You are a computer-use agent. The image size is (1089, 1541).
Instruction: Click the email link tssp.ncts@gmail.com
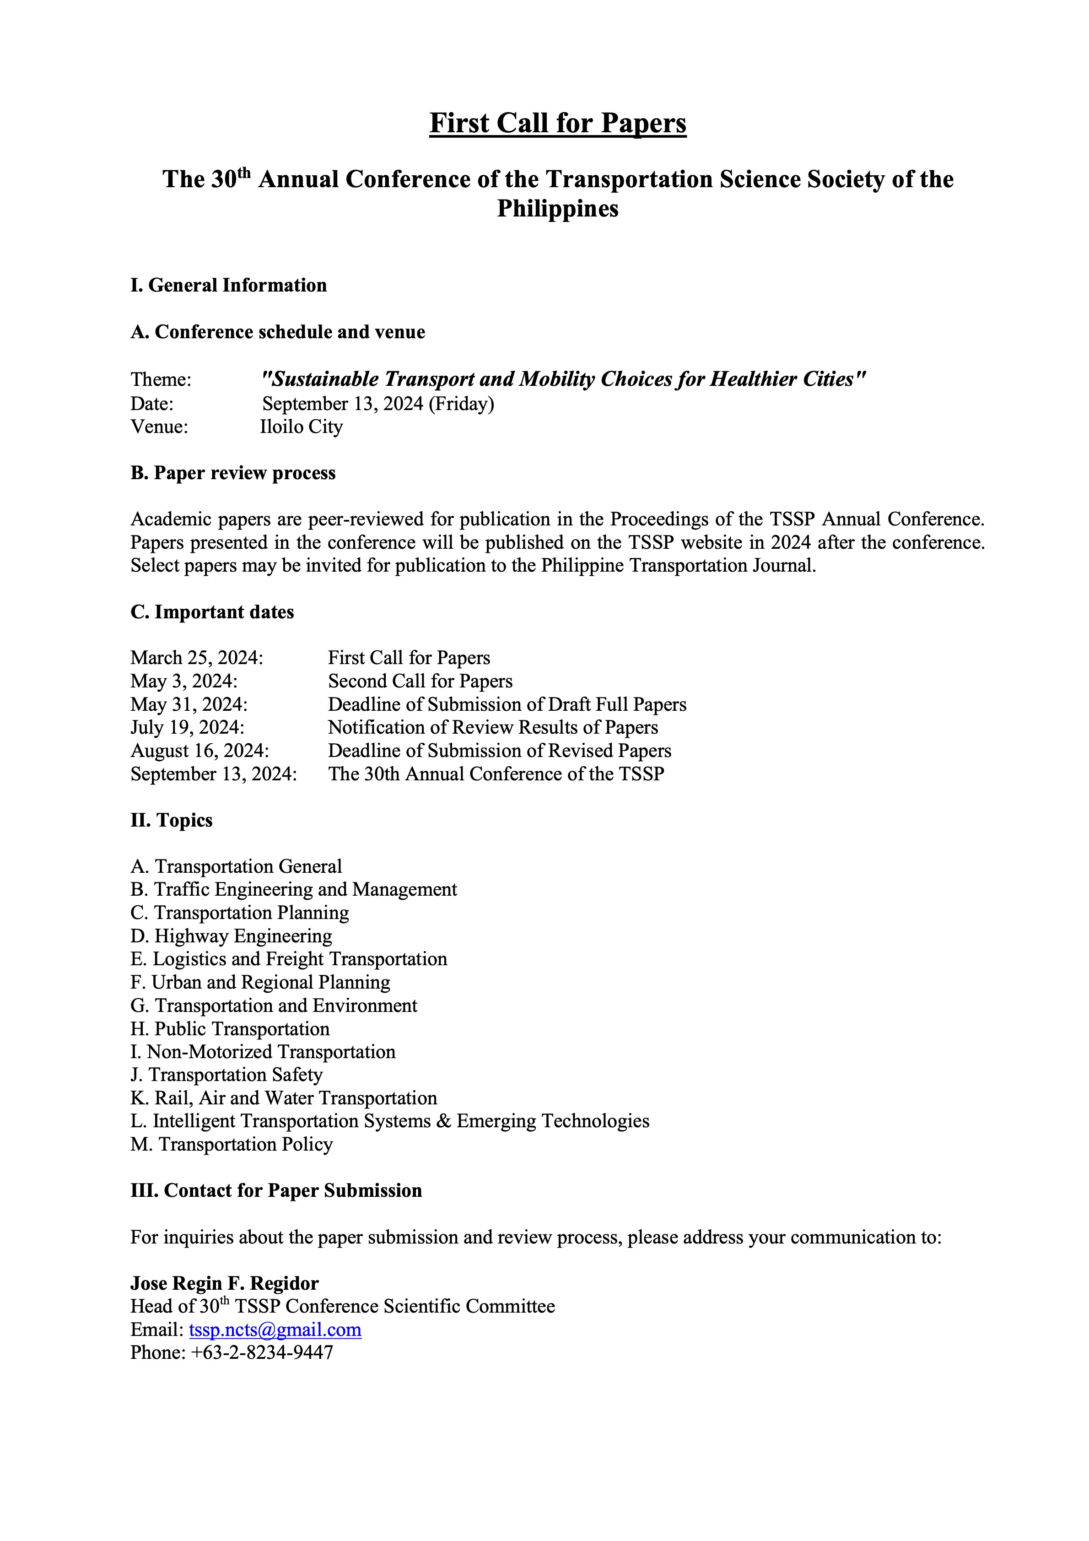click(275, 1330)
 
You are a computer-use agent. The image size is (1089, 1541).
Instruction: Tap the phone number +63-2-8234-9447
click(262, 1352)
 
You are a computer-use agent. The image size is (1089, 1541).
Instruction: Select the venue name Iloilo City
click(301, 427)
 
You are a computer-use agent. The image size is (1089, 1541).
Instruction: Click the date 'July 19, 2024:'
click(187, 728)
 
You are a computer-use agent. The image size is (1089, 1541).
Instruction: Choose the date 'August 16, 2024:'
click(200, 751)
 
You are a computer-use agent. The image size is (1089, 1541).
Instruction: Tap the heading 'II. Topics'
click(171, 820)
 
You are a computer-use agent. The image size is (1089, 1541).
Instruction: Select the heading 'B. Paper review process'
click(233, 473)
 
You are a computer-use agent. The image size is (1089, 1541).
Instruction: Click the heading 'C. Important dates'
click(212, 612)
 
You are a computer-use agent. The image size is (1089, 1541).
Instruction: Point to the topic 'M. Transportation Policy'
click(232, 1144)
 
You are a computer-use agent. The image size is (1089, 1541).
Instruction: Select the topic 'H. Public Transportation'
click(230, 1029)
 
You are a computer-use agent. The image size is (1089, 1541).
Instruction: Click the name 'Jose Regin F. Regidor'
click(224, 1283)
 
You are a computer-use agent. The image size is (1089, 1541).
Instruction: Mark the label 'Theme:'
click(161, 380)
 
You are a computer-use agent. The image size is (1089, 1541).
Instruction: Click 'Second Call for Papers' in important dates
click(420, 681)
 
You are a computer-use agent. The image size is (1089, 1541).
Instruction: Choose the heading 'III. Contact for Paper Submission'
click(276, 1191)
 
